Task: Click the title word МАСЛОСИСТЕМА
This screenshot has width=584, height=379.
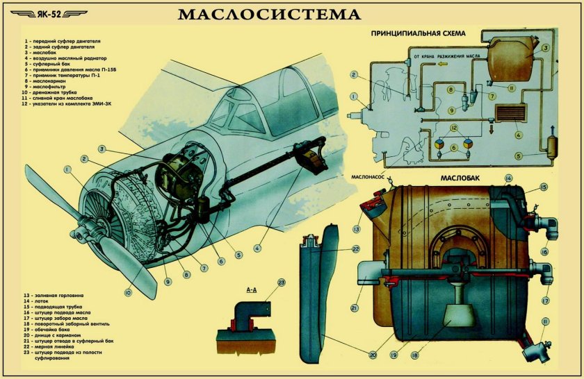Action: pyautogui.click(x=270, y=15)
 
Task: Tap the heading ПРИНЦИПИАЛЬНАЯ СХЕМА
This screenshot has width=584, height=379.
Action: pyautogui.click(x=418, y=33)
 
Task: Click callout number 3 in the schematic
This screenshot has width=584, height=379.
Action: pyautogui.click(x=546, y=48)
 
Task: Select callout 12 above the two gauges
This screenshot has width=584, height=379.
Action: pyautogui.click(x=453, y=128)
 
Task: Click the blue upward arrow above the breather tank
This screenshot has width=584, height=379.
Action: pyautogui.click(x=552, y=131)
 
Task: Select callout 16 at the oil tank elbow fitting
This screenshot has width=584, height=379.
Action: pyautogui.click(x=545, y=252)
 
